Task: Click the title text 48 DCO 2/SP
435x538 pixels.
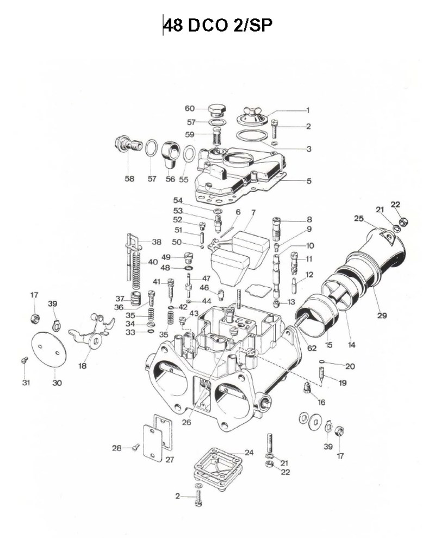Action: pyautogui.click(x=217, y=26)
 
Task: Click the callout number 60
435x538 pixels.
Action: pyautogui.click(x=189, y=109)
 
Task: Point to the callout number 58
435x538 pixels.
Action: pyautogui.click(x=129, y=179)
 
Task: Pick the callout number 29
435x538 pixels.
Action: pyautogui.click(x=379, y=315)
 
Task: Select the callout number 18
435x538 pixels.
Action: pyautogui.click(x=82, y=366)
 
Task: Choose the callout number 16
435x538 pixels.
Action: pyautogui.click(x=322, y=403)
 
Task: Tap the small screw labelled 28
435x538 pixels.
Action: pyautogui.click(x=134, y=448)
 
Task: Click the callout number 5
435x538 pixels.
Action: pyautogui.click(x=309, y=181)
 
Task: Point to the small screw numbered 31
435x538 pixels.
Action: pyautogui.click(x=24, y=360)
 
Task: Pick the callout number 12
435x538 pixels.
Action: pyautogui.click(x=309, y=275)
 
